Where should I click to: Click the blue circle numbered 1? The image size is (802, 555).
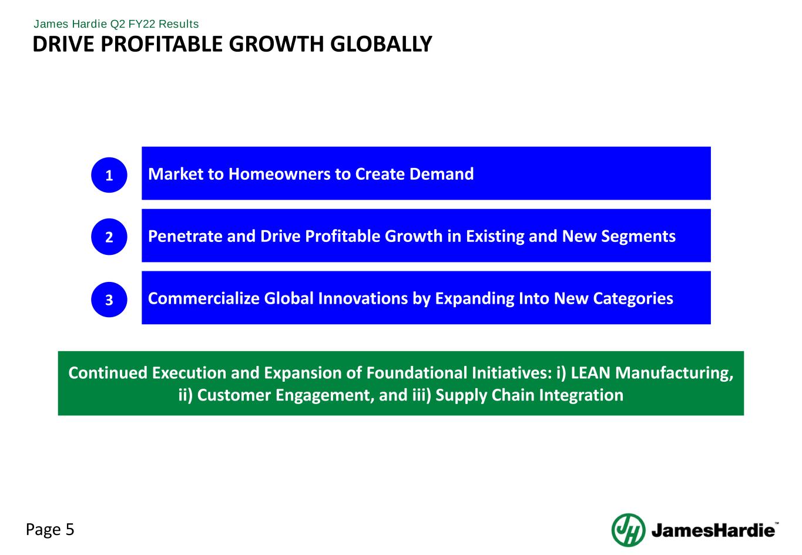click(109, 175)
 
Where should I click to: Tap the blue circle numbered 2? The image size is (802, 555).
click(109, 237)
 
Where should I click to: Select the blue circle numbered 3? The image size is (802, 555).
click(109, 300)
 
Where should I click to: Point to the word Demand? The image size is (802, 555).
click(441, 174)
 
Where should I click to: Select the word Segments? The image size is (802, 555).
click(639, 237)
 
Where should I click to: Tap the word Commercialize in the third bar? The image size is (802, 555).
click(204, 298)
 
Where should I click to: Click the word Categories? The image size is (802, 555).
click(633, 299)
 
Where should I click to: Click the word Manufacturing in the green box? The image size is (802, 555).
click(675, 374)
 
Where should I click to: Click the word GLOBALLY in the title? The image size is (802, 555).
click(381, 44)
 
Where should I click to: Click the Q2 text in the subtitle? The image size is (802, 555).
click(118, 24)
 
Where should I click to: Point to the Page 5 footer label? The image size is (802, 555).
click(50, 530)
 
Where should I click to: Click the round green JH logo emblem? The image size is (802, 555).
click(628, 530)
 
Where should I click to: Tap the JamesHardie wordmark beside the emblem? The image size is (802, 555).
click(713, 530)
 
